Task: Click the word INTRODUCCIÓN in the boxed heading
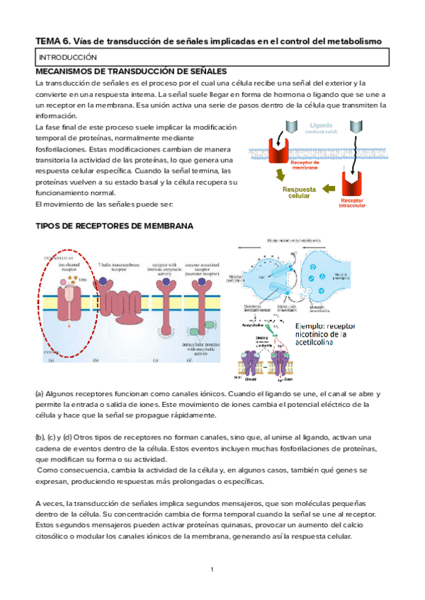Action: pos(67,57)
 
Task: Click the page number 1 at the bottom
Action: pos(212,570)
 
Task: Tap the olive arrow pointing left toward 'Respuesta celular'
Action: pos(328,188)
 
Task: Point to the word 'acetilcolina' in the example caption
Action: pos(332,349)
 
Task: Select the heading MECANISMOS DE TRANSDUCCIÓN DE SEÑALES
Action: pos(131,72)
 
